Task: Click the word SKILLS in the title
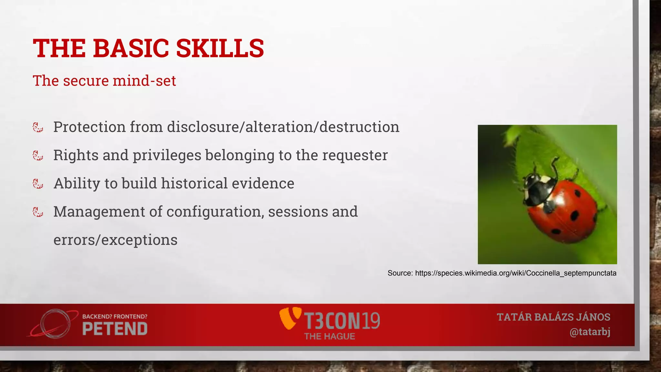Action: pos(220,48)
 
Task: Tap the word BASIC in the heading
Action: pos(131,48)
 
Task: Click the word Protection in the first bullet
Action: pos(89,127)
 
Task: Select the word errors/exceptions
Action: pos(115,240)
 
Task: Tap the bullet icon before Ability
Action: pos(38,184)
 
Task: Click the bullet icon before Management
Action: pos(38,212)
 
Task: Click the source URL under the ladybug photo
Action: pos(515,273)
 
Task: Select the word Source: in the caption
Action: pos(400,273)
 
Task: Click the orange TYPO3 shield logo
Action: pos(290,318)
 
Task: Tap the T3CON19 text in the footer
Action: pos(342,321)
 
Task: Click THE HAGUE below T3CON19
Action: pos(330,336)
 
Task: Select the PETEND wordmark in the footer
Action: pos(115,329)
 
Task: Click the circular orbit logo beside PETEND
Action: pos(55,324)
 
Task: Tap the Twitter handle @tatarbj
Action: pos(590,332)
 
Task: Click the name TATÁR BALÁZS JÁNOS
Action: pos(553,317)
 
